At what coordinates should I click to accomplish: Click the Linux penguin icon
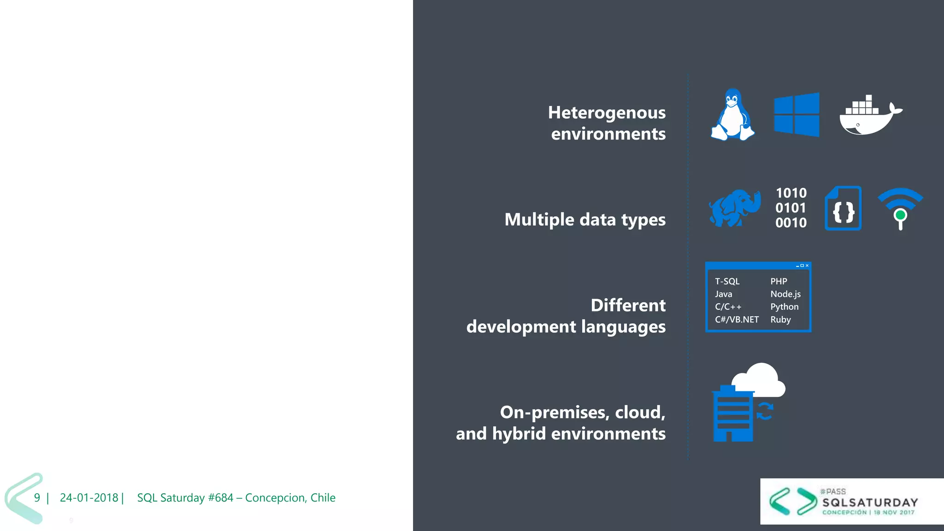pyautogui.click(x=732, y=115)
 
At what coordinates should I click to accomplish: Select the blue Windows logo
pyautogui.click(x=796, y=115)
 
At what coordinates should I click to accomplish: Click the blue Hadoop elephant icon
pyautogui.click(x=734, y=208)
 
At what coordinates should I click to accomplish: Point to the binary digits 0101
pyautogui.click(x=791, y=208)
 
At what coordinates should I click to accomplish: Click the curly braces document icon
pyautogui.click(x=843, y=208)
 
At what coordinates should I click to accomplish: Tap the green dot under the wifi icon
pyautogui.click(x=900, y=215)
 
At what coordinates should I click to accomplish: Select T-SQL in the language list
pyautogui.click(x=727, y=281)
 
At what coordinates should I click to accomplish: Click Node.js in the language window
pyautogui.click(x=785, y=294)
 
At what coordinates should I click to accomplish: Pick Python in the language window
pyautogui.click(x=784, y=307)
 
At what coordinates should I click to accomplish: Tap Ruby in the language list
pyautogui.click(x=780, y=319)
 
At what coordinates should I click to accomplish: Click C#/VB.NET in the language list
pyautogui.click(x=737, y=319)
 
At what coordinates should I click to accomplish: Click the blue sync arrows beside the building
pyautogui.click(x=765, y=411)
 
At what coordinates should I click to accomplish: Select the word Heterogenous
pyautogui.click(x=607, y=112)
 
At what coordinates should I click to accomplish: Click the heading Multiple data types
pyautogui.click(x=585, y=219)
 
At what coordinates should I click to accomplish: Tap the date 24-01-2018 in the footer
pyautogui.click(x=89, y=498)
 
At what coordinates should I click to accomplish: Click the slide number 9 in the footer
pyautogui.click(x=37, y=498)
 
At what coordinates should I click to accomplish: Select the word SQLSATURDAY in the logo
pyautogui.click(x=870, y=502)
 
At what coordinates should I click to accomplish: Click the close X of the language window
pyautogui.click(x=807, y=265)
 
